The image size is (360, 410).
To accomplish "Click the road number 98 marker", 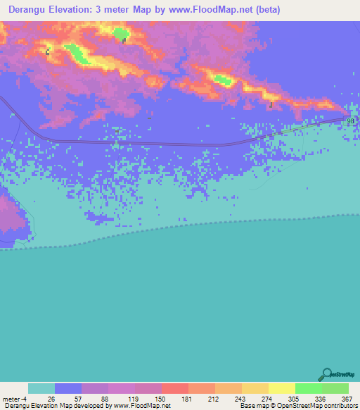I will click(351, 120).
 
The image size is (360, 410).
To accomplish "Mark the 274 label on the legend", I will click(268, 399).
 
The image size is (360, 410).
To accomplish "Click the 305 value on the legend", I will click(295, 399).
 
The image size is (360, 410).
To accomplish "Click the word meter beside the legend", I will click(12, 399).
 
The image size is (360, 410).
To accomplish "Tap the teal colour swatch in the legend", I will click(41, 388).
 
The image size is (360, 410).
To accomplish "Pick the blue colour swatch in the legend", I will click(68, 388).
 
